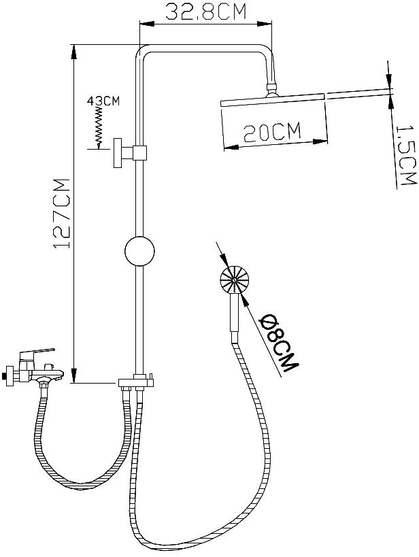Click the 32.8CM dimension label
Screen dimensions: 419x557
tap(206, 12)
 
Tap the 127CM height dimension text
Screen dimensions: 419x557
tap(61, 213)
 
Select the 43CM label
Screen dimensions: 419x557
tap(103, 101)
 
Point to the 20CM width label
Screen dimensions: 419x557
tap(272, 132)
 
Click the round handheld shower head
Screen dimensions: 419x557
tap(235, 280)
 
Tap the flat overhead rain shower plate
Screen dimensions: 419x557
tap(273, 100)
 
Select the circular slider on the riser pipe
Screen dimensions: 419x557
tap(139, 251)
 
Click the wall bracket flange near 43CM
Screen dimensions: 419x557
tap(117, 153)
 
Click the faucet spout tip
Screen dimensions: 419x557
tap(63, 373)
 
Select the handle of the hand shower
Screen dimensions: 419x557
tap(234, 313)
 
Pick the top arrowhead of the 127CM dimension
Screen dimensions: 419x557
tap(73, 52)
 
